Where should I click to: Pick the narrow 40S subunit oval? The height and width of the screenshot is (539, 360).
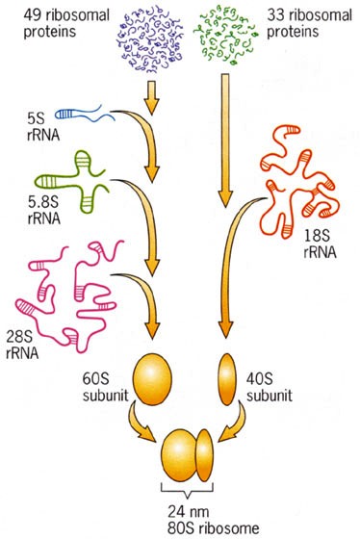[x=228, y=379]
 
